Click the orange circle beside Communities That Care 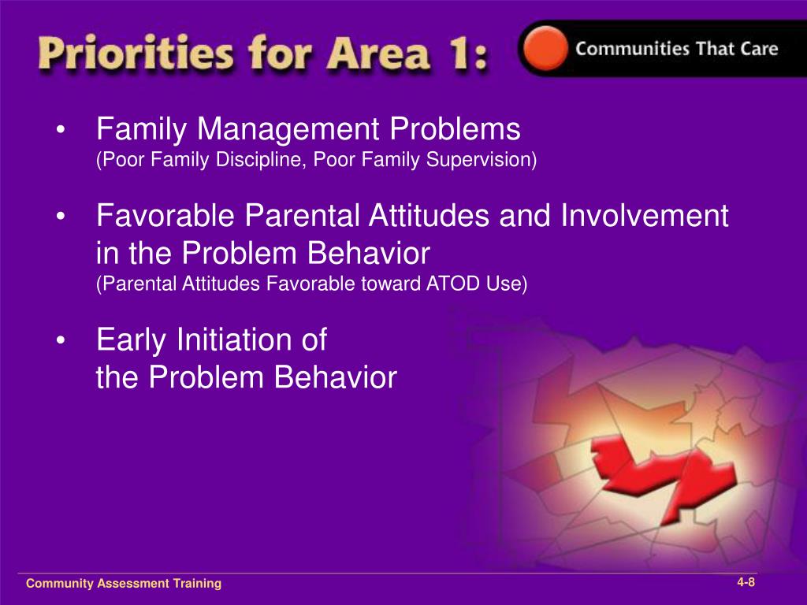click(x=545, y=48)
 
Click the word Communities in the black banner click(x=633, y=48)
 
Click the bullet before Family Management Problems click(x=61, y=131)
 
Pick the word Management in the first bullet click(x=288, y=129)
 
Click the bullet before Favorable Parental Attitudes click(x=61, y=217)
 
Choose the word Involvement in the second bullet click(x=645, y=215)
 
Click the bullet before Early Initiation click(x=61, y=341)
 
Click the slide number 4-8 click(x=746, y=582)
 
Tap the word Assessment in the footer click(x=132, y=584)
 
